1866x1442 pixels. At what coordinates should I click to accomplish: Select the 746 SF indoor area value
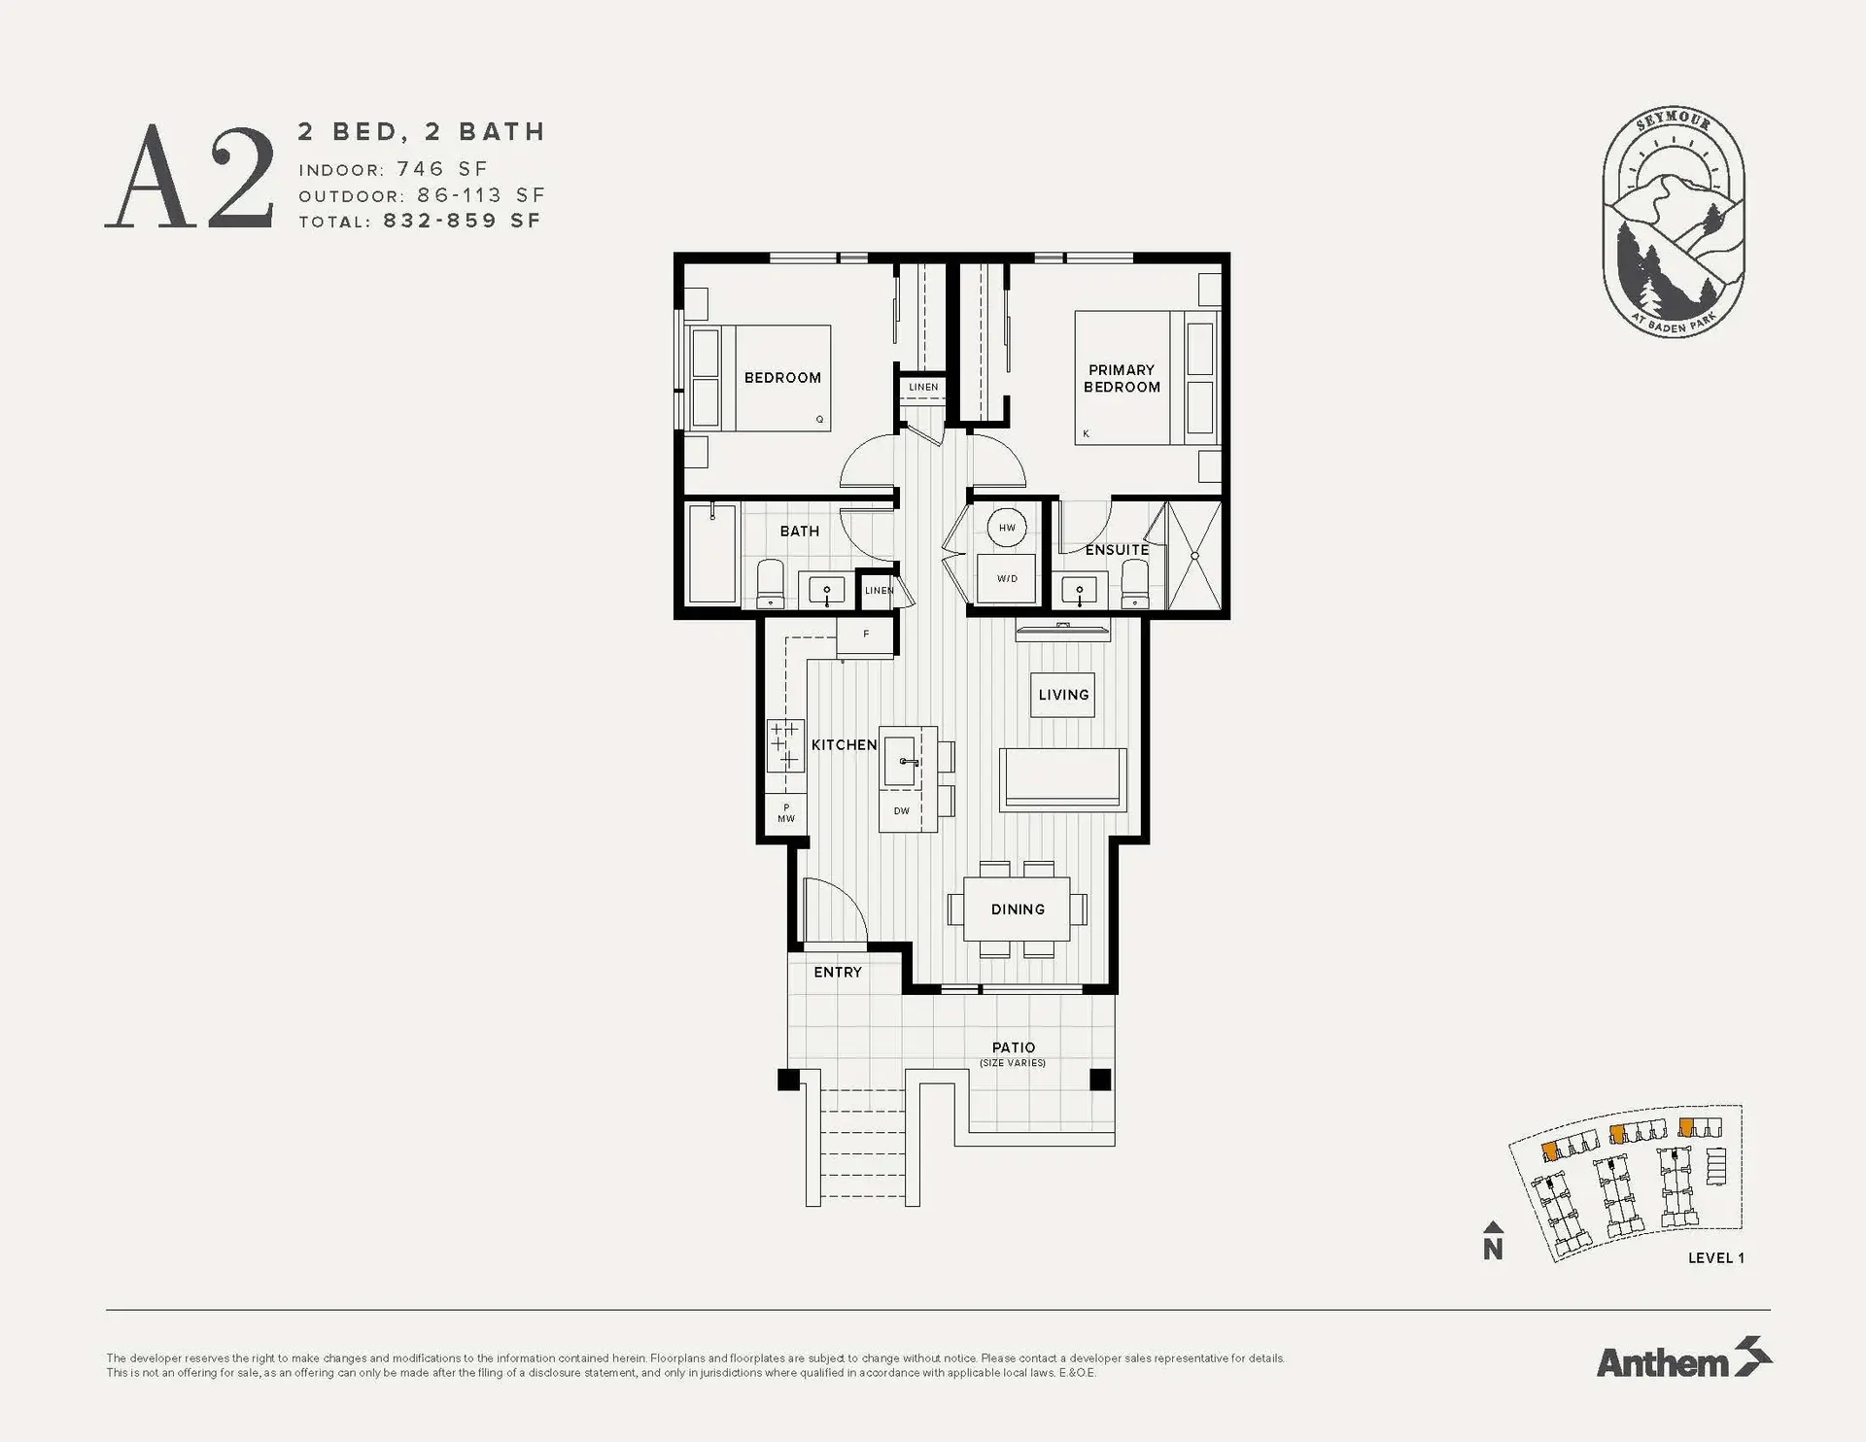(442, 169)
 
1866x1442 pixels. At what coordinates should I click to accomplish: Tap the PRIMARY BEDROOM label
(1122, 378)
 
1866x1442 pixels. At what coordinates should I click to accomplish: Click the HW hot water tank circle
(1007, 528)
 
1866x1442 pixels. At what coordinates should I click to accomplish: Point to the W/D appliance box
(1007, 579)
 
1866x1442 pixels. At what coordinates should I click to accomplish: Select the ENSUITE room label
(1117, 550)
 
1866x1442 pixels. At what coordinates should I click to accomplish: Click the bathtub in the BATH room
(711, 555)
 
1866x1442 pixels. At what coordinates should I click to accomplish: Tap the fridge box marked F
(866, 635)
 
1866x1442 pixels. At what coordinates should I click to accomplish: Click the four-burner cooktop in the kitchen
(785, 745)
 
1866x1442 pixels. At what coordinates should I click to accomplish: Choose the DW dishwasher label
(902, 810)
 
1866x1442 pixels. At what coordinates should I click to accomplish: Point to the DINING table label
(1018, 910)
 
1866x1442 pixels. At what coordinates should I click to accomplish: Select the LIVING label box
(1062, 695)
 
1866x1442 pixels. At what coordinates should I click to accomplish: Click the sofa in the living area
(1062, 779)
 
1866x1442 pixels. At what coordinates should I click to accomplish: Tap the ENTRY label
(838, 972)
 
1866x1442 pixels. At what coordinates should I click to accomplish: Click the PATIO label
(1013, 1047)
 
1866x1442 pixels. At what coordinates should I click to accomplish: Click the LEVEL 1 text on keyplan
(1715, 1257)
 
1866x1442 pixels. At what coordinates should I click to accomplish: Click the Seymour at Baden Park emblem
(1673, 223)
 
